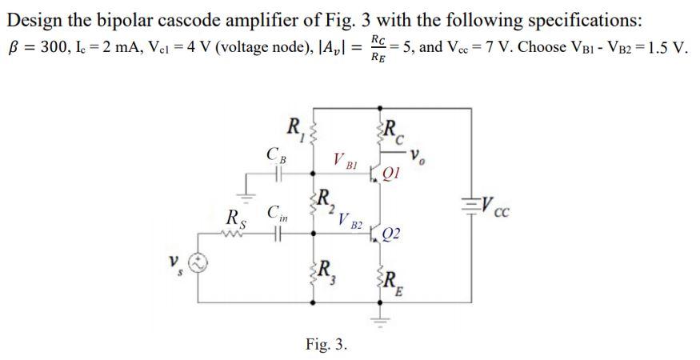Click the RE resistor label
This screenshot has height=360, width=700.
393,281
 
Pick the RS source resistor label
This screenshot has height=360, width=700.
234,218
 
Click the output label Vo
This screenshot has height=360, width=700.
439,154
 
